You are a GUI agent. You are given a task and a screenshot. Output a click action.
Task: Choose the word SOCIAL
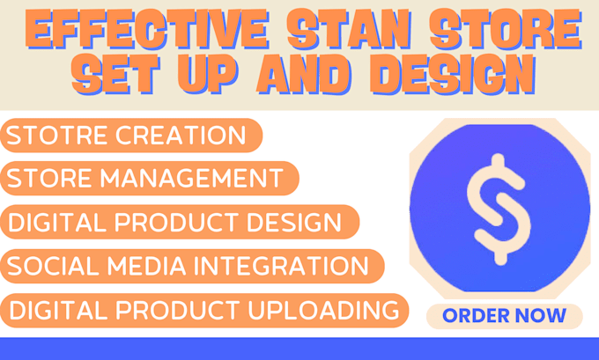[x=55, y=265]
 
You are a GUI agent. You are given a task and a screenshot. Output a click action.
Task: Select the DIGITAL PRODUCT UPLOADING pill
[x=203, y=309]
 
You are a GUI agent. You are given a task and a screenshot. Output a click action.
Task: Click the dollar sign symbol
[x=499, y=209]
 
